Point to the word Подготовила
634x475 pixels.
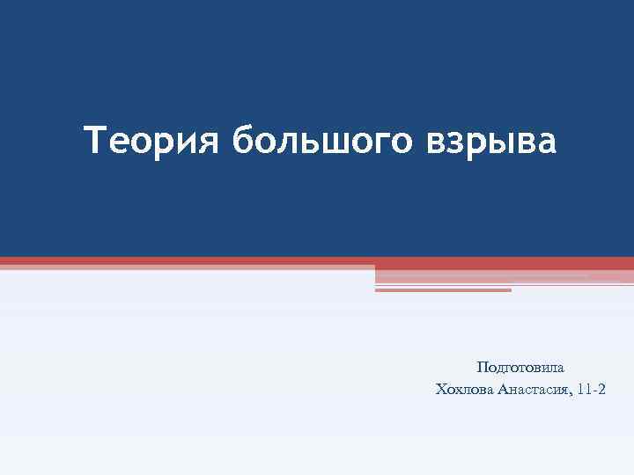520,367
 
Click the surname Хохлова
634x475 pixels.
464,389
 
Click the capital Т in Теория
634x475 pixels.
95,139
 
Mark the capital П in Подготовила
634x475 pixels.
482,367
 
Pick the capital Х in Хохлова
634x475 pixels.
440,389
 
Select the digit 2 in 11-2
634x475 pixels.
602,389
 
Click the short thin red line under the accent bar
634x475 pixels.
443,290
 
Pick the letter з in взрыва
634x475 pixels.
454,142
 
